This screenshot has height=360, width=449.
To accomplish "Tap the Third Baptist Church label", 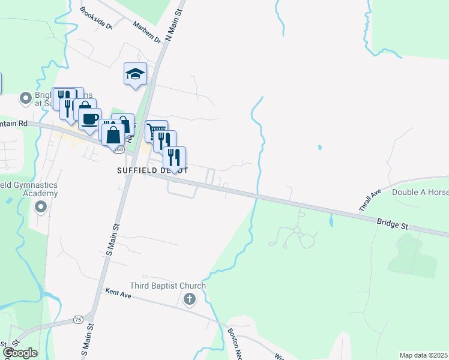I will pos(168,286).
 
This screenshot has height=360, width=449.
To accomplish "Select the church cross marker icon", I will pos(190,299).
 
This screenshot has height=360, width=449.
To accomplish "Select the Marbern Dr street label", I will pos(148,33).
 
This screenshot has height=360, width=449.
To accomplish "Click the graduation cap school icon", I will pos(135,74).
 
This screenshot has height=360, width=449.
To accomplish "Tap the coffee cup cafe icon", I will pos(89,119).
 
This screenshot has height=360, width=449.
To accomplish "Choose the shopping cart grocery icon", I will pos(155,130).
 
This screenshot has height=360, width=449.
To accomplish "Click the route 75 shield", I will pos(78,320).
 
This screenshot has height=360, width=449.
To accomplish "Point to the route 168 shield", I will pos(121,149).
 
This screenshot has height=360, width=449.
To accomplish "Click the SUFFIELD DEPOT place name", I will pos(152,170).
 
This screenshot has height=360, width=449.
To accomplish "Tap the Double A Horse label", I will pos(420,193).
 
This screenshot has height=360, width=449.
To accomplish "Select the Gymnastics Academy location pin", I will pos(41,208).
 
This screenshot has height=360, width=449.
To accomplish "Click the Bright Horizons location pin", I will pos(26,97).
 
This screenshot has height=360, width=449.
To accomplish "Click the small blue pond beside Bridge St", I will pos(331,221).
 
